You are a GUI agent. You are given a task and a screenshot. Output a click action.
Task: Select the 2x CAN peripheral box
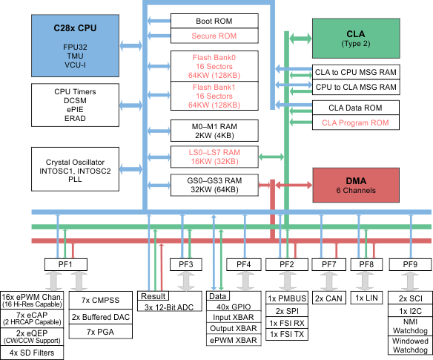coord(328,298)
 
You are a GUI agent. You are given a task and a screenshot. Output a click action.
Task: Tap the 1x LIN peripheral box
coord(368,298)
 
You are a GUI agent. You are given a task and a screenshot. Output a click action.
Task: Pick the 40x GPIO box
coord(234,307)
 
